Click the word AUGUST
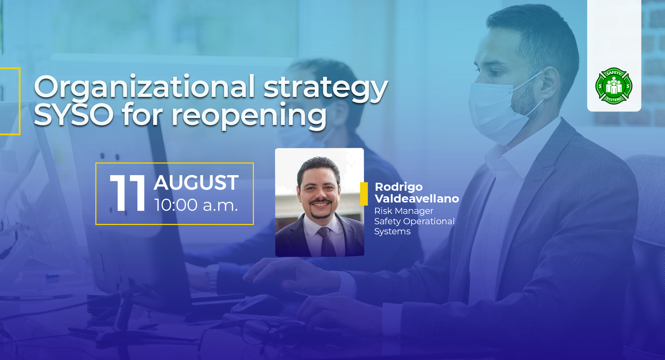click(196, 183)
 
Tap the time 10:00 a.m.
click(196, 205)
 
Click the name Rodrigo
click(399, 187)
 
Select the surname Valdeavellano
click(417, 199)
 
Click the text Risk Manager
click(404, 211)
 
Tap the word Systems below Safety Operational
click(392, 232)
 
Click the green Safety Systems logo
click(614, 86)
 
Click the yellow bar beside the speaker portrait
click(364, 193)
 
